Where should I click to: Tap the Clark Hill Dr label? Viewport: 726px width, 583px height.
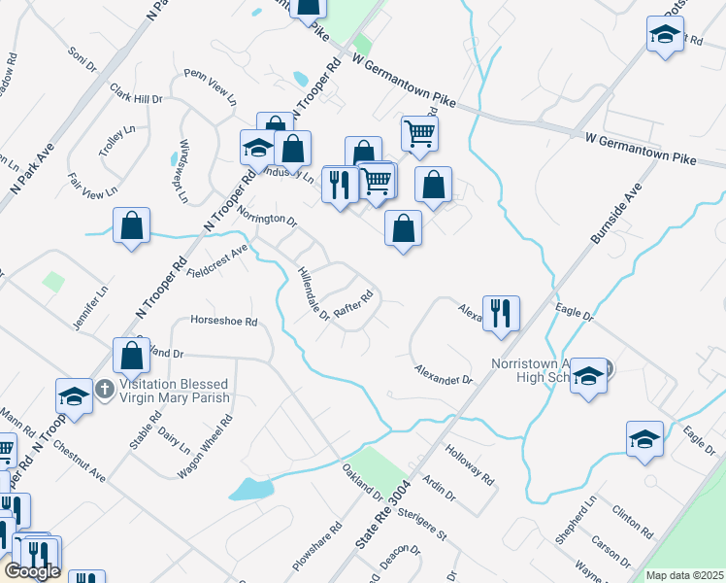(x=136, y=93)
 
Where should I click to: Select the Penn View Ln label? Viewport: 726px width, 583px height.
(x=211, y=86)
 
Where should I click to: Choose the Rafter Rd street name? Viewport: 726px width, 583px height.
(x=353, y=304)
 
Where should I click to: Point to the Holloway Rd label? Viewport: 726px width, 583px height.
(x=470, y=465)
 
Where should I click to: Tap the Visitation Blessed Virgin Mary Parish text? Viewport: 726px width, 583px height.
(x=175, y=391)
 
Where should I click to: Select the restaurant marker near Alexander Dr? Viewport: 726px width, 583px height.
(x=501, y=314)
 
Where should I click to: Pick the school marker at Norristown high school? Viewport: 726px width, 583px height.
(x=588, y=376)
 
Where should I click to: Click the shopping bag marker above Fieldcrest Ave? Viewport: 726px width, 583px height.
(x=131, y=227)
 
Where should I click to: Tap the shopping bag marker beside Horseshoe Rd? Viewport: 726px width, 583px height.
(x=131, y=357)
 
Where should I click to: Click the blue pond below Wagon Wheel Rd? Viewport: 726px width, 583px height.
(x=249, y=489)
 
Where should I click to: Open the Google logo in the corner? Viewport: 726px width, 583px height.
(x=33, y=571)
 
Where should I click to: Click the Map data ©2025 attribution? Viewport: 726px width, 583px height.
(x=684, y=575)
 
